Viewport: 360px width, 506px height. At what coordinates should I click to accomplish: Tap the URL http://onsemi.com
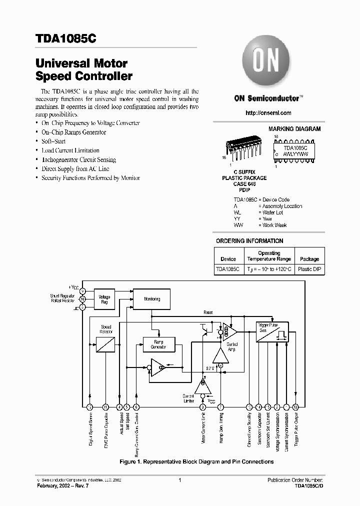click(x=268, y=113)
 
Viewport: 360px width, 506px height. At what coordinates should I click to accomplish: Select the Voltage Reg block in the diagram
click(x=104, y=299)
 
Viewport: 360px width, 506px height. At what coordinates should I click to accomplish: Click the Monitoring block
click(x=152, y=299)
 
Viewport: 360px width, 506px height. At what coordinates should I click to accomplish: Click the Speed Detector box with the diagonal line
click(x=105, y=344)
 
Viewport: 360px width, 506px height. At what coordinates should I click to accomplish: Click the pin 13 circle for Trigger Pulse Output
click(x=295, y=407)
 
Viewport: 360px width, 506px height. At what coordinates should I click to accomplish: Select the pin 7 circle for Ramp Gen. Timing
click(x=220, y=407)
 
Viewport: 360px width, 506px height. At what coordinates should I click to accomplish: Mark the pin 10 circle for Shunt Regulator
click(x=82, y=299)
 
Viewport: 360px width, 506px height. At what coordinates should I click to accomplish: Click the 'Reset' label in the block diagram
click(x=208, y=312)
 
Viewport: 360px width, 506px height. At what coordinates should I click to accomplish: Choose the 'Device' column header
click(x=228, y=259)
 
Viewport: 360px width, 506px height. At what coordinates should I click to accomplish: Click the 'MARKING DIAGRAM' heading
click(x=294, y=129)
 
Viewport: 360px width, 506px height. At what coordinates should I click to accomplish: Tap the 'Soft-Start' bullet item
click(x=53, y=141)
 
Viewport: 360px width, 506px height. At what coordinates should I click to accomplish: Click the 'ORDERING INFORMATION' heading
click(x=249, y=241)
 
